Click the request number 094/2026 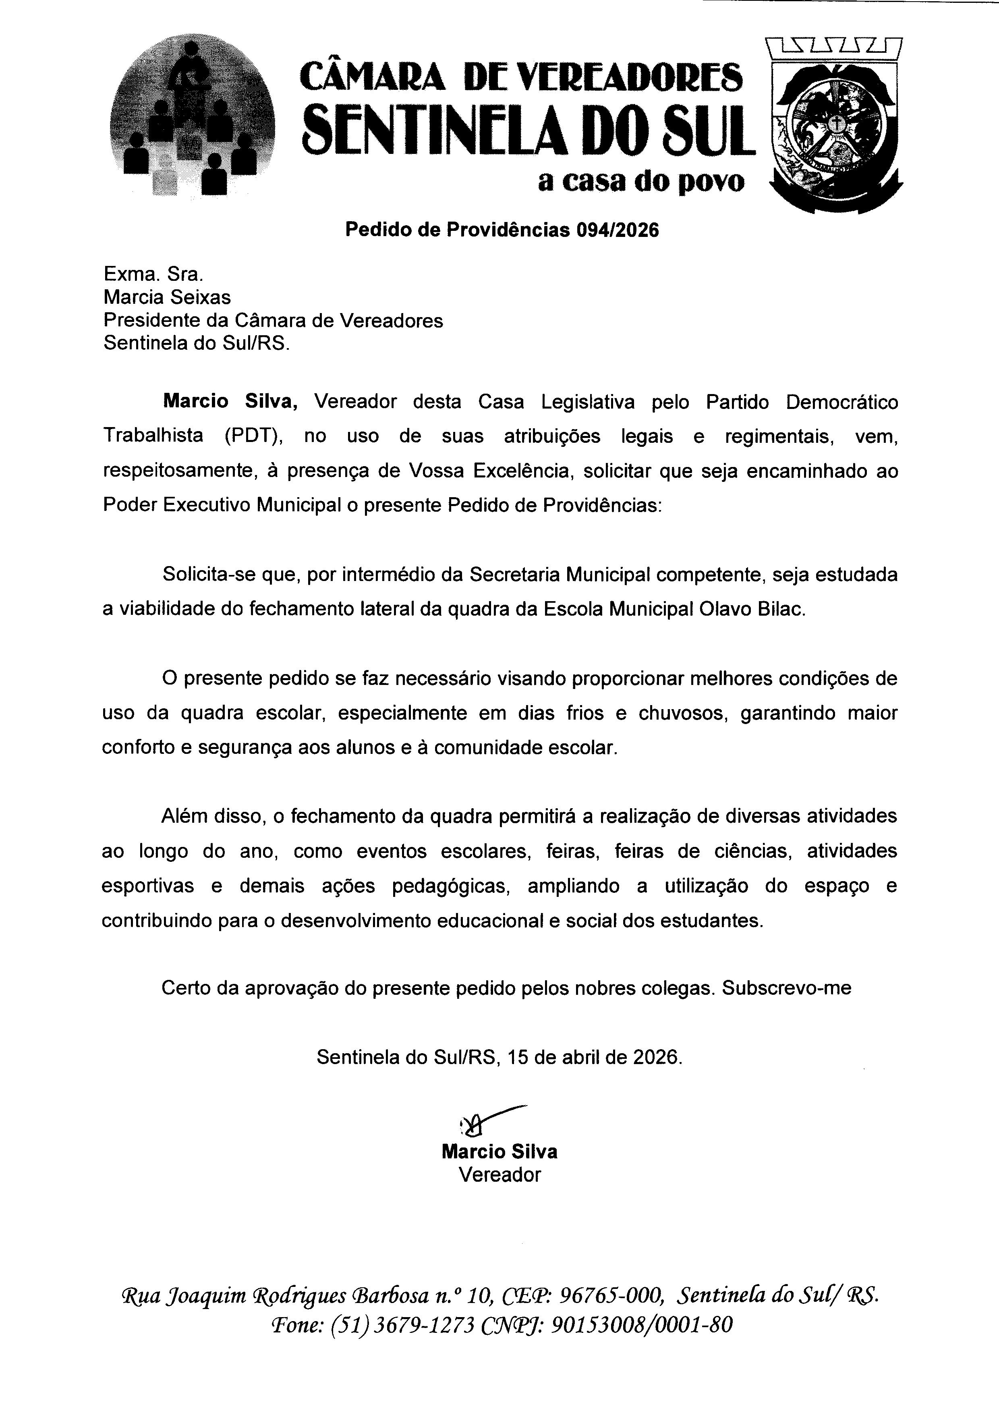617,230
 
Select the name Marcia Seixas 167,297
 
